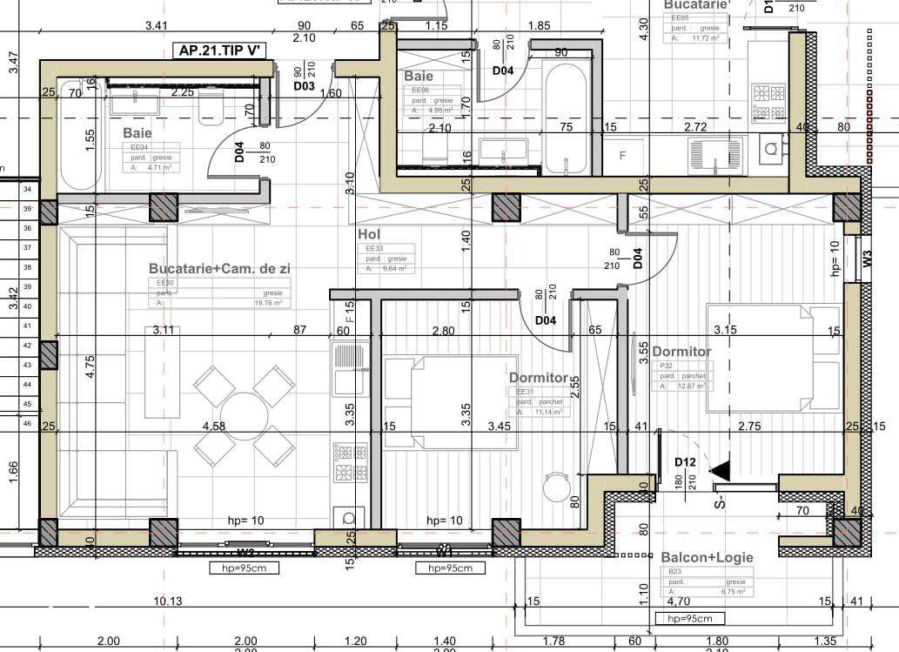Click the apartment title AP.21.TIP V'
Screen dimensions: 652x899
coord(221,50)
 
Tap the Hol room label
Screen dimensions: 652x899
coord(369,234)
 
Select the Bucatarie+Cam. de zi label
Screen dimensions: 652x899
coord(219,269)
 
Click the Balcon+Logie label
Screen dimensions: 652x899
coord(707,557)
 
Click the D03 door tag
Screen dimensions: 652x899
coord(303,85)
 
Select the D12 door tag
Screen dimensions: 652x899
coord(683,461)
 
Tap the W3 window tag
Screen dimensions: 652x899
coord(867,258)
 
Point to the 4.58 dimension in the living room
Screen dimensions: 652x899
coord(214,427)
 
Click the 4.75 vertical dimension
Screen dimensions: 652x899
coord(91,366)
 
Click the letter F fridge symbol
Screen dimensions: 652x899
coord(622,156)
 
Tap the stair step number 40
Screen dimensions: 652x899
coord(28,306)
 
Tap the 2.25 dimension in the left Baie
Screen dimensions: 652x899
coord(183,91)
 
